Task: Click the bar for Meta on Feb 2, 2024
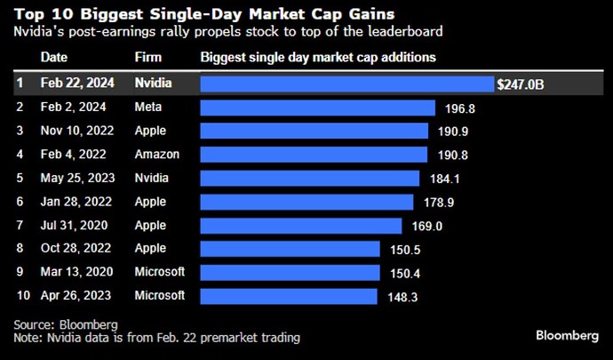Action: (x=317, y=108)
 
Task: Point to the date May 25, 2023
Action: (x=76, y=178)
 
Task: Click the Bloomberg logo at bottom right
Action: (x=566, y=335)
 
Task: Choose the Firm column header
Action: (x=148, y=58)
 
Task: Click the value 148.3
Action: (x=402, y=295)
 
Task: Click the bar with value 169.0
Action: (x=300, y=225)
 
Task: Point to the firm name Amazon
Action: (x=156, y=155)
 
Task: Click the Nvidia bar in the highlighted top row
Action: (x=346, y=84)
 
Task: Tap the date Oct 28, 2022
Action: (x=76, y=248)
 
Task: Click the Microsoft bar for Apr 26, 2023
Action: (x=289, y=295)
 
